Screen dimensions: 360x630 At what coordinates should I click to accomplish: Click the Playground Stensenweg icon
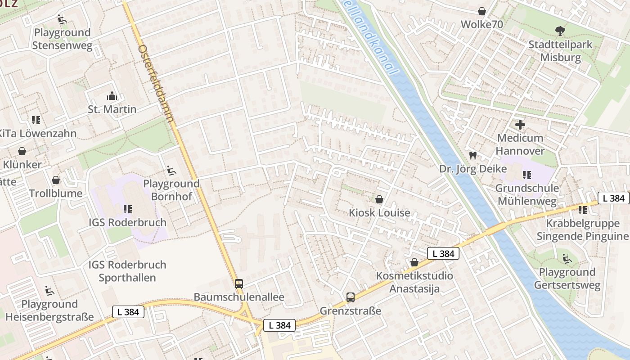pos(62,19)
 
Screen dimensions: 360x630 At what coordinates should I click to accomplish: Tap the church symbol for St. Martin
pos(112,96)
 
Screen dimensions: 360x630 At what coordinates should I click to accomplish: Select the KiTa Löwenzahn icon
pos(36,120)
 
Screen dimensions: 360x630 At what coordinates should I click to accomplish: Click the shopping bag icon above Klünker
pos(22,151)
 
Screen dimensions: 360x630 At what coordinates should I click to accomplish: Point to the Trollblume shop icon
pos(56,180)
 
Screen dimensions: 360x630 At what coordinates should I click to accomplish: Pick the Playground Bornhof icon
pos(171,170)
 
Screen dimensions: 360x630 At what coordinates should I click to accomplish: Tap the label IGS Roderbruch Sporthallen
pos(127,271)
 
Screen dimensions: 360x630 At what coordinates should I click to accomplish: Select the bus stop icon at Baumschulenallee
pos(239,284)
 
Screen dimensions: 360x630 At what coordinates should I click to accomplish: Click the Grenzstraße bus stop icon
pos(351,297)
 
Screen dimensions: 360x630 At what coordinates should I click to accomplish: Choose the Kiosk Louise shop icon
pos(379,199)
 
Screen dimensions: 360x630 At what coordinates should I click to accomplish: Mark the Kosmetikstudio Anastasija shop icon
pos(414,262)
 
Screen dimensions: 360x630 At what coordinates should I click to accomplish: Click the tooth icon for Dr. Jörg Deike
pos(472,156)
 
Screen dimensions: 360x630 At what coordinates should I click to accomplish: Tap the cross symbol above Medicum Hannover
pos(520,125)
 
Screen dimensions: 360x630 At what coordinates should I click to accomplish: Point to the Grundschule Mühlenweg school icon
pos(526,175)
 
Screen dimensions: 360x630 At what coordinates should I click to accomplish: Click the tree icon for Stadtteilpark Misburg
pos(560,31)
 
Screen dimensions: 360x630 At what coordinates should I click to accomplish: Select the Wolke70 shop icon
pos(482,11)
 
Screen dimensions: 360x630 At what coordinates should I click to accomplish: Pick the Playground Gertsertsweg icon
pos(567,259)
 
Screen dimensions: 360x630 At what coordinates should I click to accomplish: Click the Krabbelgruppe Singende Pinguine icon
pos(583,210)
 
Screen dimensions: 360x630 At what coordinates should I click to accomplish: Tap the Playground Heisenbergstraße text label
pos(49,310)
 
